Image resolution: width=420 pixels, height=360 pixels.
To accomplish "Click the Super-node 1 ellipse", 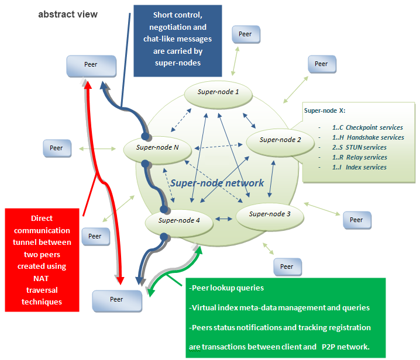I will pyautogui.click(x=218, y=93).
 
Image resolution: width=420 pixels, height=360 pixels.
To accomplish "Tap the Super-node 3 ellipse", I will pyautogui.click(x=270, y=214).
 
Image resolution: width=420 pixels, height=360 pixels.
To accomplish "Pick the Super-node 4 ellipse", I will pyautogui.click(x=180, y=221).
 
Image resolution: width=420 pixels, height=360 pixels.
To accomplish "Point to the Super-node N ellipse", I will pyautogui.click(x=157, y=148).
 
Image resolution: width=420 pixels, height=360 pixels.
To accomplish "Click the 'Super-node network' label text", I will pyautogui.click(x=217, y=183).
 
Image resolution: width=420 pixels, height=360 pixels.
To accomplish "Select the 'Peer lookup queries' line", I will pyautogui.click(x=226, y=288).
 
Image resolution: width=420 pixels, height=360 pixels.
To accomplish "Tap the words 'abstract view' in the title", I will pyautogui.click(x=68, y=14).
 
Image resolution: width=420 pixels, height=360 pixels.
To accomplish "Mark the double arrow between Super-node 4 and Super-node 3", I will pyautogui.click(x=223, y=219).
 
